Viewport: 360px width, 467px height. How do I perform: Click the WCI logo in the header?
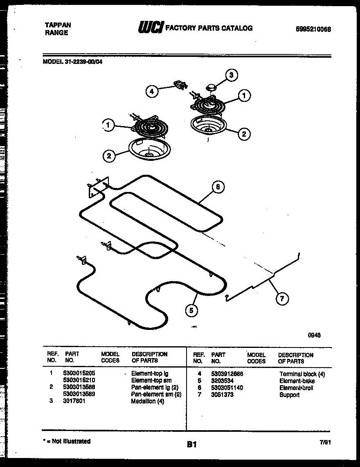[x=151, y=27]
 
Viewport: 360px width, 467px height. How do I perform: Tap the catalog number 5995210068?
[x=313, y=29]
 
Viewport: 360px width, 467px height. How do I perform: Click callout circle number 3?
[x=232, y=75]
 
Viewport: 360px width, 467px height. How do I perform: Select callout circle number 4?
[x=152, y=92]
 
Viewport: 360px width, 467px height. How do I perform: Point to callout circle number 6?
[x=218, y=187]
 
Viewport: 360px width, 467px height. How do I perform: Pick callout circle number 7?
[x=281, y=299]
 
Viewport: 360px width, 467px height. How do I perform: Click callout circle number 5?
[x=191, y=311]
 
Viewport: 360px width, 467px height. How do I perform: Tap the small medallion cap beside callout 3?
[x=211, y=87]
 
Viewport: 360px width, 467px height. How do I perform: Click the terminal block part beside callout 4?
[x=180, y=85]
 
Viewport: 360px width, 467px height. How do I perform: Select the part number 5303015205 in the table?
[x=79, y=373]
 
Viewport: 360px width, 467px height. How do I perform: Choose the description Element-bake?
[x=294, y=381]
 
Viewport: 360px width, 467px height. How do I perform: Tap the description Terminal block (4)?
[x=302, y=374]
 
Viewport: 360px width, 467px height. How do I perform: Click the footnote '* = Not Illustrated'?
[x=66, y=441]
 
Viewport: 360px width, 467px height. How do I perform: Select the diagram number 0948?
[x=314, y=335]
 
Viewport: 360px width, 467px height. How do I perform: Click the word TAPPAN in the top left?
[x=57, y=25]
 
